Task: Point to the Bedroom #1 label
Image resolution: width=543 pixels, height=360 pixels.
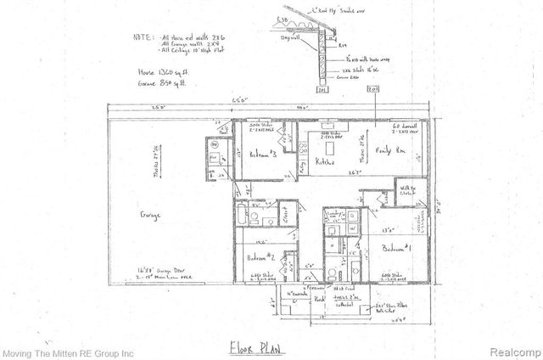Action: click(x=396, y=250)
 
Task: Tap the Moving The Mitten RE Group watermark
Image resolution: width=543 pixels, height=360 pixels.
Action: click(x=68, y=352)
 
